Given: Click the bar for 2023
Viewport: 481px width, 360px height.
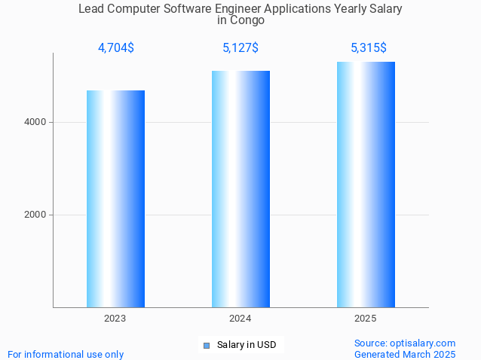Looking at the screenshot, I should pos(115,199).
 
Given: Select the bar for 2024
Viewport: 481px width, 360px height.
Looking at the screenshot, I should pos(240,189).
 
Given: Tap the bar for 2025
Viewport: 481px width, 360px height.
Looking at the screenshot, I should pos(366,185).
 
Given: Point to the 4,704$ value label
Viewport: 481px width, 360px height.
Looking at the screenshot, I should pos(116,48).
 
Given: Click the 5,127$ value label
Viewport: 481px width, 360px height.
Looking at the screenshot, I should pos(240,48).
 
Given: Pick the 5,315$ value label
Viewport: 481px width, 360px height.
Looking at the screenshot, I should pos(369,48).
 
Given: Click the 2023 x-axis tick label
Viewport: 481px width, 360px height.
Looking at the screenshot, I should pos(115,319).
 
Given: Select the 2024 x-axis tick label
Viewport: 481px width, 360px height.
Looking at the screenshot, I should pos(240,319).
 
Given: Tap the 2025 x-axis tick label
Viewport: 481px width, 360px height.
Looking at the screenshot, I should pos(366,319).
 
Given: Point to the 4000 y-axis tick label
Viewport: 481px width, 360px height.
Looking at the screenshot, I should pos(35,122).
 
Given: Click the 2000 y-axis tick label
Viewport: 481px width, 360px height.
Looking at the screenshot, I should pos(35,215).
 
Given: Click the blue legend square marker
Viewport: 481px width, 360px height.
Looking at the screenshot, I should pos(206,346).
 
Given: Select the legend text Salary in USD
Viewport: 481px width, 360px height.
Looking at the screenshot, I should pos(247,345).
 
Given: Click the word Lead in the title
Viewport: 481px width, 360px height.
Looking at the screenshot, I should pos(91,9).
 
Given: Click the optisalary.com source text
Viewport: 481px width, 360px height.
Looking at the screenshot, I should pos(405,343).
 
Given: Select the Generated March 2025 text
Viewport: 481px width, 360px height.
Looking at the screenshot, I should pos(405,354).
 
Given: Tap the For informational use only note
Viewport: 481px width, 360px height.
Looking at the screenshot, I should pos(66,354).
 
